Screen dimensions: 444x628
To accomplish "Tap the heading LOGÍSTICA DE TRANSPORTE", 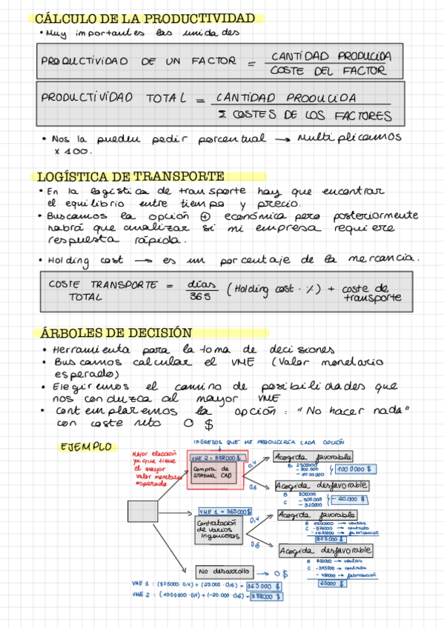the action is tap(130, 176).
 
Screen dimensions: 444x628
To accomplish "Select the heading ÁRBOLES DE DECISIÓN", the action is tap(114, 333).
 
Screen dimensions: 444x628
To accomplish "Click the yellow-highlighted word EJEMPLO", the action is tap(86, 447).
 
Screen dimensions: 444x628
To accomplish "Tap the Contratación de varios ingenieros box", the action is tap(221, 530).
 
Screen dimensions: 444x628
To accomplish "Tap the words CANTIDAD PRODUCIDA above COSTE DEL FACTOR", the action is tap(331, 56).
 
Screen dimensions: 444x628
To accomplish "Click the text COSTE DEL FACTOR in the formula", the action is tap(328, 71).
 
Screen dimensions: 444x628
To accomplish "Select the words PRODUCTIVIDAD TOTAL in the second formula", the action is tap(109, 97).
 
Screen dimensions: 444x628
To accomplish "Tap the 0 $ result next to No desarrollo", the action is tap(279, 573).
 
